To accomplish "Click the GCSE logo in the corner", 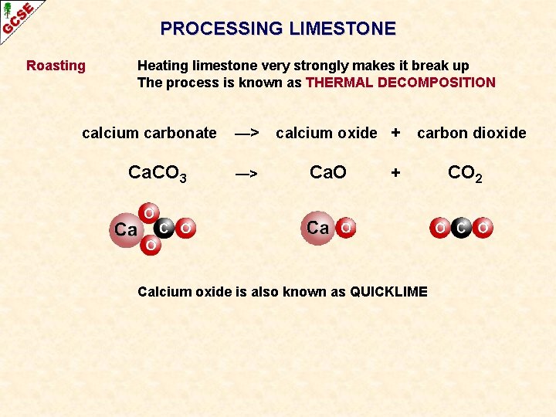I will click(17, 17).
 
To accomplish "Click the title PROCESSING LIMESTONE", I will click(278, 29).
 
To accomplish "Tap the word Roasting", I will click(56, 66).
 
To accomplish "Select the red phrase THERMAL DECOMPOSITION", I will click(401, 83).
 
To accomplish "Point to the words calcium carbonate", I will click(149, 133).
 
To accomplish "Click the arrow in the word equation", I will click(246, 133).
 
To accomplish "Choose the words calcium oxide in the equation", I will click(327, 133).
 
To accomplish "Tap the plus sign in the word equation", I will click(395, 133).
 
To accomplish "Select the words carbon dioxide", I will click(472, 133).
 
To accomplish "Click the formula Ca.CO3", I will click(157, 174).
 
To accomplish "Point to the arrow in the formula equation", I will click(246, 174).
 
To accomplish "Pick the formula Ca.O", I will click(327, 172).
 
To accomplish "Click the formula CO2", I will click(466, 174).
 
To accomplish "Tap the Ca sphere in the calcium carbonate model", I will click(125, 229).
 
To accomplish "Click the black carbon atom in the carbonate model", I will click(164, 228).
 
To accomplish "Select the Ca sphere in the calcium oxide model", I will click(317, 228).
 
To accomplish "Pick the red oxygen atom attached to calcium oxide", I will click(347, 229).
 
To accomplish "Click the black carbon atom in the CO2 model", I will click(461, 229).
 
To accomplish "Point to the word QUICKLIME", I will click(388, 291).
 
